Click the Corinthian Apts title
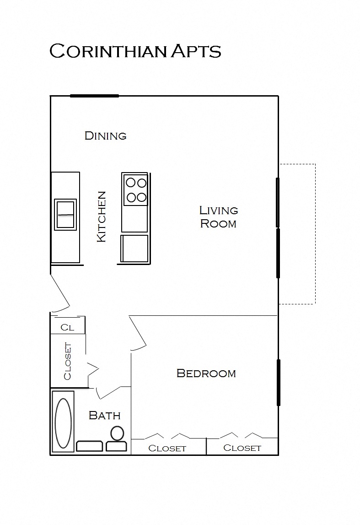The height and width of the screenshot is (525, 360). pyautogui.click(x=135, y=51)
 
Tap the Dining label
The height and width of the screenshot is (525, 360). pyautogui.click(x=105, y=135)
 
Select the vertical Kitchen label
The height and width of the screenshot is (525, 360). pyautogui.click(x=102, y=216)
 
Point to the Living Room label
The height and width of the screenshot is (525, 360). pyautogui.click(x=219, y=217)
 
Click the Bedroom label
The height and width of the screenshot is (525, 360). pyautogui.click(x=206, y=373)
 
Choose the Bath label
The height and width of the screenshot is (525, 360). pyautogui.click(x=104, y=416)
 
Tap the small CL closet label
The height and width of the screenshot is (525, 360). pyautogui.click(x=67, y=327)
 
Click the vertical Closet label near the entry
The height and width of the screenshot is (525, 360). pyautogui.click(x=68, y=361)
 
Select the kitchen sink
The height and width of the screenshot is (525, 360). pyautogui.click(x=65, y=214)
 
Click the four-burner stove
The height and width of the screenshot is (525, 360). pyautogui.click(x=135, y=190)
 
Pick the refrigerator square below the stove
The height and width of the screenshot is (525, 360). pyautogui.click(x=134, y=248)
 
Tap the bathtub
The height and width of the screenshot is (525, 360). pyautogui.click(x=64, y=422)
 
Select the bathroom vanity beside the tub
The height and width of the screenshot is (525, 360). pyautogui.click(x=89, y=446)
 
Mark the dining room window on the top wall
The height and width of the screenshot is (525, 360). pyautogui.click(x=94, y=96)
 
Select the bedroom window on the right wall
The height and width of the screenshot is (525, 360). pyautogui.click(x=278, y=382)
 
